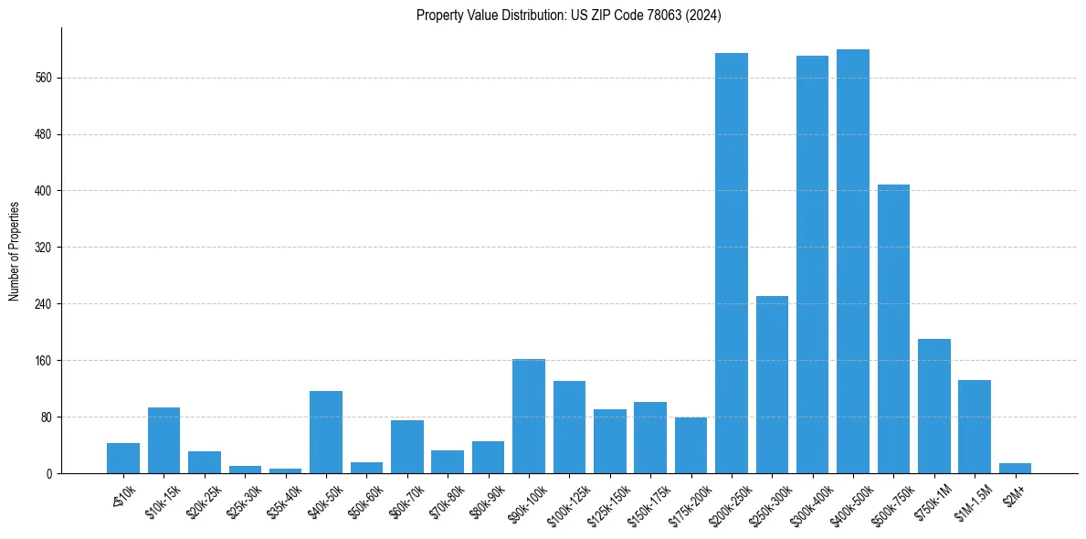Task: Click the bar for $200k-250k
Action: click(732, 263)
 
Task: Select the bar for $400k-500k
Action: click(852, 262)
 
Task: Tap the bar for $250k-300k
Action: click(772, 386)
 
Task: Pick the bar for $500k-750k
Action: click(893, 329)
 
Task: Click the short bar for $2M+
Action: click(1015, 469)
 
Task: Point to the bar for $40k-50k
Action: click(325, 432)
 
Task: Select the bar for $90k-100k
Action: click(529, 417)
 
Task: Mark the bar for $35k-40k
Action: click(285, 471)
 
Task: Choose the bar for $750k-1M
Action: click(933, 407)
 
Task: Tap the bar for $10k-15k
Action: click(163, 440)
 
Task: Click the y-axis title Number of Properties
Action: click(13, 251)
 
